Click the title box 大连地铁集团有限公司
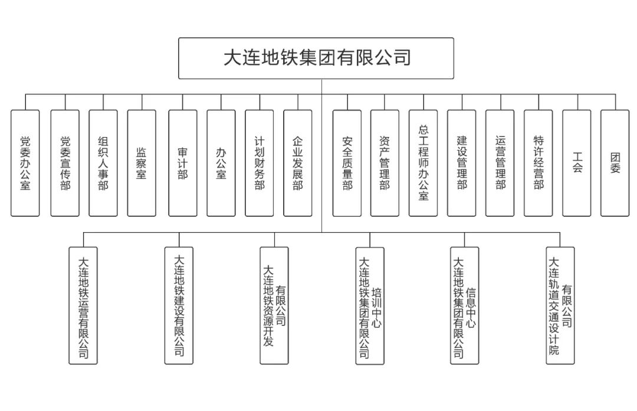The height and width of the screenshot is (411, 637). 316,58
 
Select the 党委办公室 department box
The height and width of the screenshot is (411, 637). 25,163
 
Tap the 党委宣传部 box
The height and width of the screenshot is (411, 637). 65,163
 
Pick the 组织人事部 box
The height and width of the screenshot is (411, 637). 103,163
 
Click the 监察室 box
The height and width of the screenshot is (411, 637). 142,163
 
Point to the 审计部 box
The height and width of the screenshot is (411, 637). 182,163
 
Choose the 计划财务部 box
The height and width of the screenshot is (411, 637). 260,163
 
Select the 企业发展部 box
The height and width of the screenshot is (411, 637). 298,163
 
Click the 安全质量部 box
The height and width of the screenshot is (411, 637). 347,163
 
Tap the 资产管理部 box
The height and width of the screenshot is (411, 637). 385,163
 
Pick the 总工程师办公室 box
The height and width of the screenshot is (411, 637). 423,163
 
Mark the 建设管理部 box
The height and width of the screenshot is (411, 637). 462,163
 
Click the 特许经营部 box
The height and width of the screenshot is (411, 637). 539,163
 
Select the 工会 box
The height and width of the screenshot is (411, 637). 577,163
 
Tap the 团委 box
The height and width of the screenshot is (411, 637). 615,163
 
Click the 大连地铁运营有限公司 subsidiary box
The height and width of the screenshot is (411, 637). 83,305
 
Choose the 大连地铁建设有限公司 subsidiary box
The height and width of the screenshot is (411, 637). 179,305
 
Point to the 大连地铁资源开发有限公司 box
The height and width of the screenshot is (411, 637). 274,305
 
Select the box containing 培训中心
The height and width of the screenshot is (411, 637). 370,305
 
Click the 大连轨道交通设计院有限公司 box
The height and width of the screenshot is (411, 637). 560,305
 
